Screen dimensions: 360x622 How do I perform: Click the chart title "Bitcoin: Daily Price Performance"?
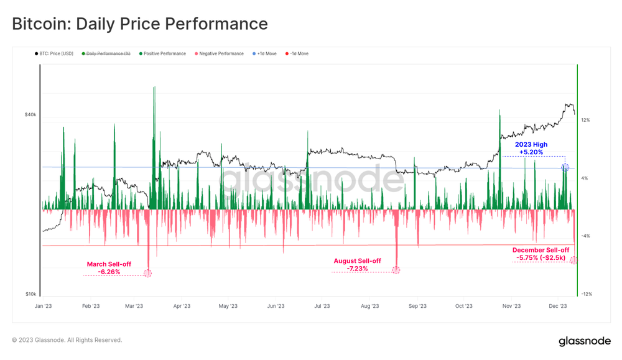tap(140, 24)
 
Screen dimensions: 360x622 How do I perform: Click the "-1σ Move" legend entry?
tap(299, 54)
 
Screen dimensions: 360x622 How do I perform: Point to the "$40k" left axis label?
tap(30, 114)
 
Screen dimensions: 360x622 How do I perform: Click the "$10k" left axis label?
tap(30, 294)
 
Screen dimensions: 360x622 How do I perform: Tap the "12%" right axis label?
tap(585, 120)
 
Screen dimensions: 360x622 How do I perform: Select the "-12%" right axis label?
tap(586, 294)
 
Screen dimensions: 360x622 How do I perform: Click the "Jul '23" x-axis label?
tap(322, 306)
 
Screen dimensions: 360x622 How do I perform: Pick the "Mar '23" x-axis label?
tap(134, 306)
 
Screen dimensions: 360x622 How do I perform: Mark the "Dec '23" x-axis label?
tap(558, 306)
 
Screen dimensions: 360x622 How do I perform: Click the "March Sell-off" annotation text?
tap(109, 264)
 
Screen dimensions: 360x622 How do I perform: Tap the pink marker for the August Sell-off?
tap(396, 270)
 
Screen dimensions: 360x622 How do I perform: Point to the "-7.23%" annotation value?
tap(357, 269)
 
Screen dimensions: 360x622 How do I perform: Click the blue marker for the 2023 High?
tap(565, 167)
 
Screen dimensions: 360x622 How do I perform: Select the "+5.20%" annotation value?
tap(531, 152)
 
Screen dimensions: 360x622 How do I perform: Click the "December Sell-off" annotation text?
tap(541, 250)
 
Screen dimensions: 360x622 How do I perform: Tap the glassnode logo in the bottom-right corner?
tap(584, 341)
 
